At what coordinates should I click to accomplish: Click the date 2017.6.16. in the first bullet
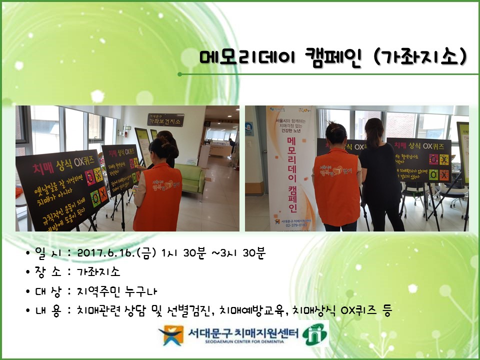pyautogui.click(x=105, y=253)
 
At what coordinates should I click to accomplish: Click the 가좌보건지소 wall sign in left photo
pyautogui.click(x=165, y=120)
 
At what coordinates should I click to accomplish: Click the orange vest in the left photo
pyautogui.click(x=158, y=200)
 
